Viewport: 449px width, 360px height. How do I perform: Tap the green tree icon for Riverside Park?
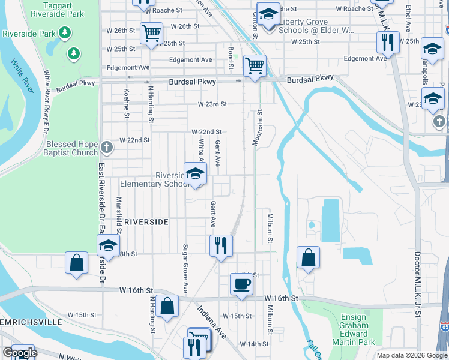point(74,53)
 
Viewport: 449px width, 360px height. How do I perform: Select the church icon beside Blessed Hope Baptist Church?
point(106,147)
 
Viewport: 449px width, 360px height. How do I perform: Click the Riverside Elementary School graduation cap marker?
point(194,175)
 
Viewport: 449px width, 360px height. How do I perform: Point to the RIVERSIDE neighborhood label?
point(146,222)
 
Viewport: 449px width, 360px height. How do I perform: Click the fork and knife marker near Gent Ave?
point(221,245)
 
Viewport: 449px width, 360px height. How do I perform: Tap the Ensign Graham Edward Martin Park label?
point(354,330)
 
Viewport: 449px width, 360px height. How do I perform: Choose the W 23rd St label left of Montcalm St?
point(212,104)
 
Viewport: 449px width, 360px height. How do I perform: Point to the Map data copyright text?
point(411,355)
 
